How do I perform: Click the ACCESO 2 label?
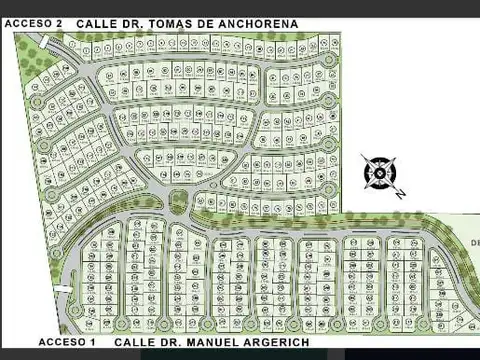click(34, 21)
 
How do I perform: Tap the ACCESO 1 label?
click(66, 342)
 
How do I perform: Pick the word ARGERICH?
click(272, 342)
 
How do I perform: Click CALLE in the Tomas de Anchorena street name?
click(99, 21)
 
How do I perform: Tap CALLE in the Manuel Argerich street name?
click(133, 342)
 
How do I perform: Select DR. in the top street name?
click(141, 21)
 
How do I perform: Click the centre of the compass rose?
click(380, 172)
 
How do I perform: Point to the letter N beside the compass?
click(399, 193)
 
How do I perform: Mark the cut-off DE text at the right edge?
click(474, 242)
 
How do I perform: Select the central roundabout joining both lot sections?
click(179, 200)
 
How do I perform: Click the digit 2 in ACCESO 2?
click(60, 21)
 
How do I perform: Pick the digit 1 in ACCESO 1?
click(92, 342)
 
